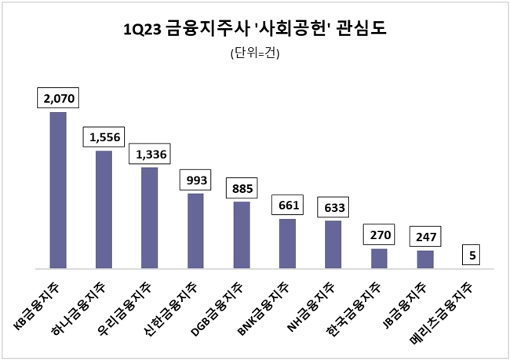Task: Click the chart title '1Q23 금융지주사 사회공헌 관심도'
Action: point(255,30)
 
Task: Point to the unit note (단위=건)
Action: point(255,54)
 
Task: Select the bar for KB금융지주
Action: point(58,191)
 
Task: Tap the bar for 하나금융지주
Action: point(104,209)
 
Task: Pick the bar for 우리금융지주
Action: point(149,218)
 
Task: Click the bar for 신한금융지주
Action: point(195,231)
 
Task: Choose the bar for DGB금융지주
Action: point(241,235)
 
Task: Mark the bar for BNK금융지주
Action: point(287,244)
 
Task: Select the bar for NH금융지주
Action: point(333,245)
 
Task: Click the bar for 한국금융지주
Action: point(379,259)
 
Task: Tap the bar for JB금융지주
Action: point(424,260)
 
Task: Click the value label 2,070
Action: point(58,99)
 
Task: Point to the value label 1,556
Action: point(104,137)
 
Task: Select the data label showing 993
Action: point(195,180)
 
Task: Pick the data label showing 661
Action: point(287,205)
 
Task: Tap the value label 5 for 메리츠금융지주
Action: point(471,256)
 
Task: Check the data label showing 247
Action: point(424,236)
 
